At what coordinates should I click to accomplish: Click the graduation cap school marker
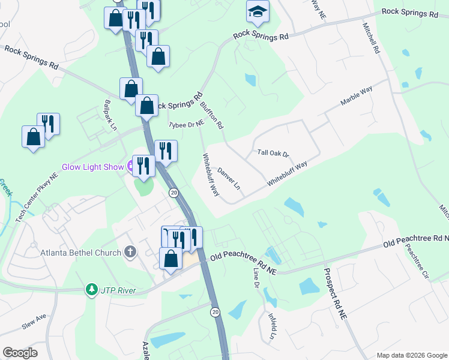[x=258, y=11]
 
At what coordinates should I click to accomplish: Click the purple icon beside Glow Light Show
[x=129, y=167]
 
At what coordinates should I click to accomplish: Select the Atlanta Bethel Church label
[x=81, y=253]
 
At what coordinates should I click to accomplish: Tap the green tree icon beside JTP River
[x=91, y=290]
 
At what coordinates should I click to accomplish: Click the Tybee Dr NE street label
[x=186, y=124]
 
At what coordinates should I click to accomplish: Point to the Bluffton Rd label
[x=211, y=115]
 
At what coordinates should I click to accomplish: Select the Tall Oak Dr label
[x=273, y=154]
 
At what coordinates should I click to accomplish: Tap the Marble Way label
[x=357, y=97]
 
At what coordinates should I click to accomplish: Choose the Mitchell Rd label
[x=371, y=39]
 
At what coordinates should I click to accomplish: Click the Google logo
[x=20, y=353]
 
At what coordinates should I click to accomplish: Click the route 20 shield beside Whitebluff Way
[x=173, y=193]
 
